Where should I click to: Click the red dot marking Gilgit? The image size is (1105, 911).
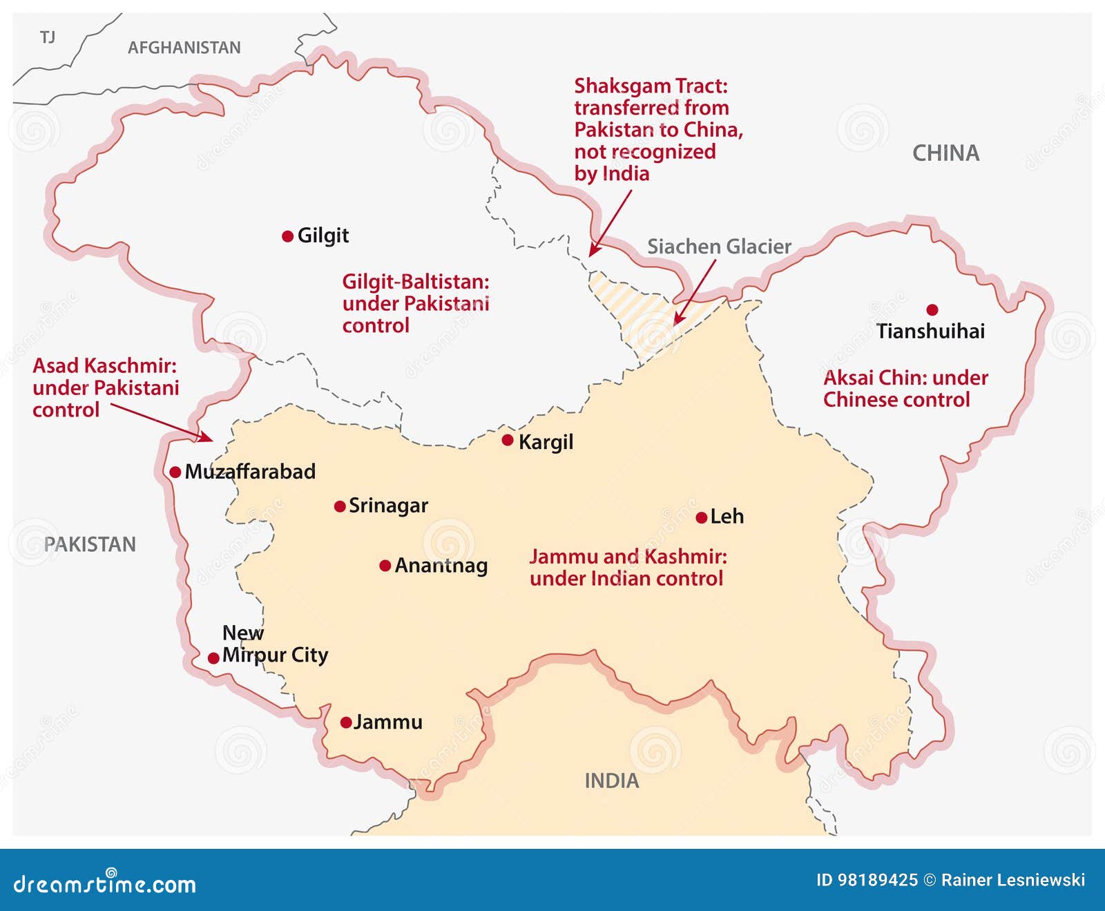288,236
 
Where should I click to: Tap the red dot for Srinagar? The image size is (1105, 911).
340,506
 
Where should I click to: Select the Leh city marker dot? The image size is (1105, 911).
701,517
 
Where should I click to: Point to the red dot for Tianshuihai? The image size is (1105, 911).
932,309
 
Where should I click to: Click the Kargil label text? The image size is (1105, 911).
546,442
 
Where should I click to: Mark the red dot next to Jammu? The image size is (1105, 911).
346,723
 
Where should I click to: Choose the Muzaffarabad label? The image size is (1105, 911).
250,472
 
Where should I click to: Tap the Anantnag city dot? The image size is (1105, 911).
385,566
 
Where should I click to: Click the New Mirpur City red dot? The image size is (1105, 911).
213,658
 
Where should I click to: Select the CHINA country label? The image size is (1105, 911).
945,153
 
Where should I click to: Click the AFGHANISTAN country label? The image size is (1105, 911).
184,48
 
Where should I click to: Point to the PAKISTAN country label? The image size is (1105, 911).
90,544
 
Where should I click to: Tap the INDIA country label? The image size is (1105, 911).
611,781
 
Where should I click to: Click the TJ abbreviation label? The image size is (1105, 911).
48,37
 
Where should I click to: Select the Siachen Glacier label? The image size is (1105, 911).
718,247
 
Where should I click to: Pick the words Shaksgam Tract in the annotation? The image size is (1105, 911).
651,86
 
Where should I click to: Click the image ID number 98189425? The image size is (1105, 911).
877,880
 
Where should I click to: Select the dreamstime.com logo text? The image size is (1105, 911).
105,884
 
